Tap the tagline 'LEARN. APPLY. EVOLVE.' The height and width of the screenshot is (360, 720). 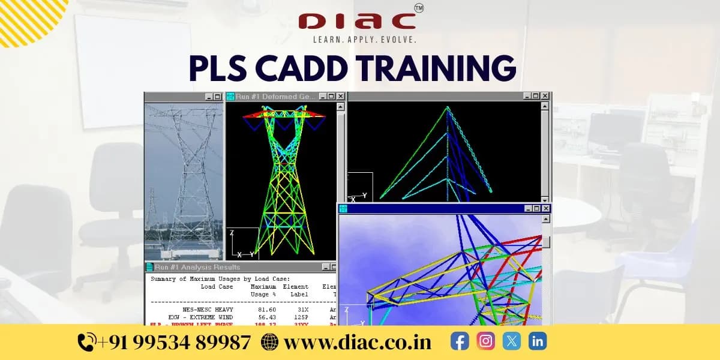(x=364, y=40)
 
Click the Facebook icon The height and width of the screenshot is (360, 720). (x=460, y=341)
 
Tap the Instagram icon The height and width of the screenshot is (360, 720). (x=485, y=341)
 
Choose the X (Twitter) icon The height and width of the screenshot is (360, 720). (x=511, y=341)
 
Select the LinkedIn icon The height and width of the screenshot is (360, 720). (x=537, y=341)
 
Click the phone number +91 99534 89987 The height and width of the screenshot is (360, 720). (x=173, y=342)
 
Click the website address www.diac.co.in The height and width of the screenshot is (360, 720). (x=358, y=342)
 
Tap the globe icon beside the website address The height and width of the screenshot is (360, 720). (x=270, y=342)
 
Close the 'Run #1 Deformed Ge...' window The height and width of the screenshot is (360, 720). (x=340, y=96)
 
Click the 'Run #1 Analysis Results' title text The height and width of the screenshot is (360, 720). (x=197, y=268)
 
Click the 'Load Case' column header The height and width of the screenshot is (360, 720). (x=217, y=287)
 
